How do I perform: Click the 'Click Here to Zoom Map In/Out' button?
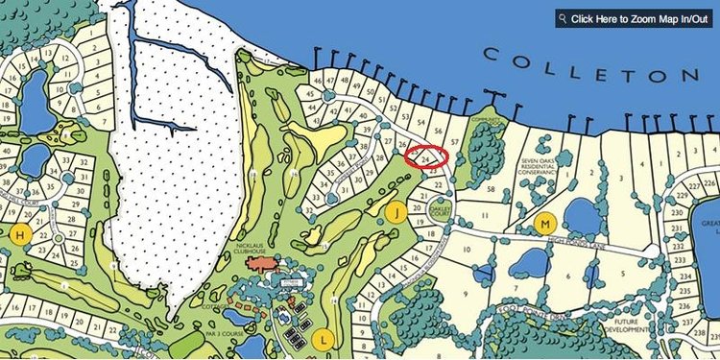636,18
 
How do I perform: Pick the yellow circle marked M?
545,225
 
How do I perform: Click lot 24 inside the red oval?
424,157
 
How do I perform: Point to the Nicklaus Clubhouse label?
255,249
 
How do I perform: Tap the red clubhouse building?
262,261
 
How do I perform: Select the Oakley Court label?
439,205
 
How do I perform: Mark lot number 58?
492,190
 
